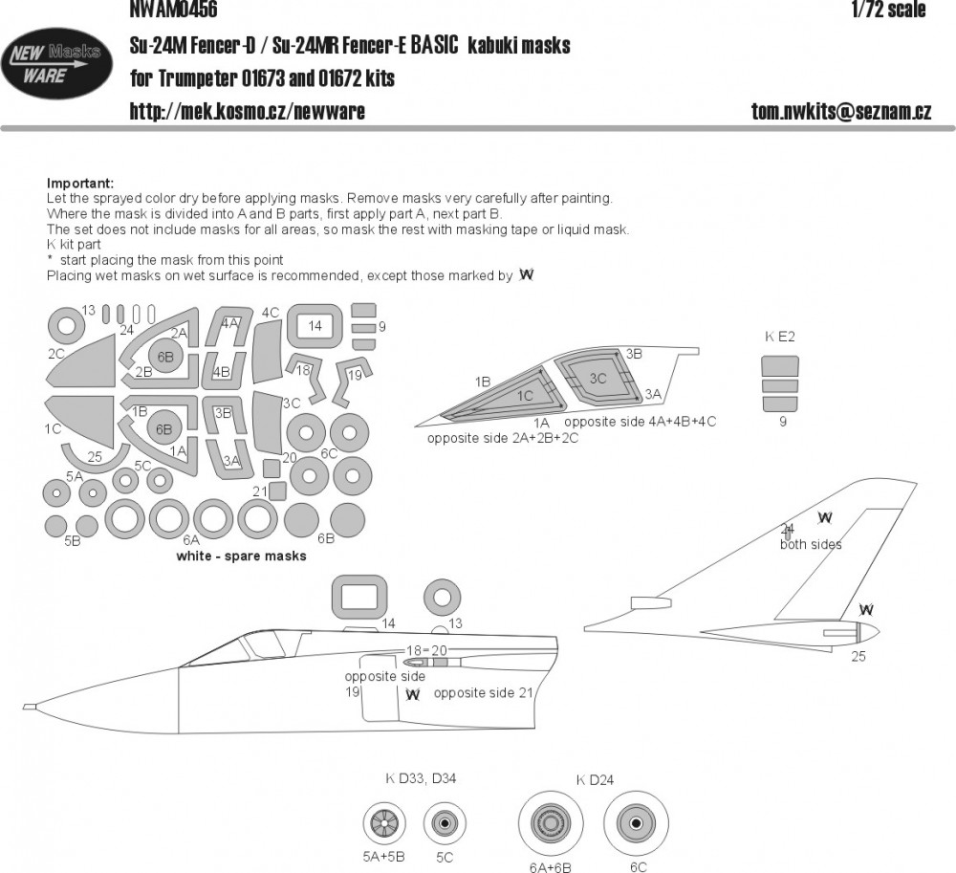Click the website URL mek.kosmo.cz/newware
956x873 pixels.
click(247, 112)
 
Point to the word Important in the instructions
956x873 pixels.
click(79, 184)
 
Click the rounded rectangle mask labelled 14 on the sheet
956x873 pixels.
click(315, 326)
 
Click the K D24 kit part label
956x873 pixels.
click(594, 779)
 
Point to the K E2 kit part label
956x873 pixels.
click(780, 337)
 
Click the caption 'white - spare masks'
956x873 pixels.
click(241, 557)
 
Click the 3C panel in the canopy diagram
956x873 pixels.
click(597, 379)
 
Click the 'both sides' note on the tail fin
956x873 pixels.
click(811, 544)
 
